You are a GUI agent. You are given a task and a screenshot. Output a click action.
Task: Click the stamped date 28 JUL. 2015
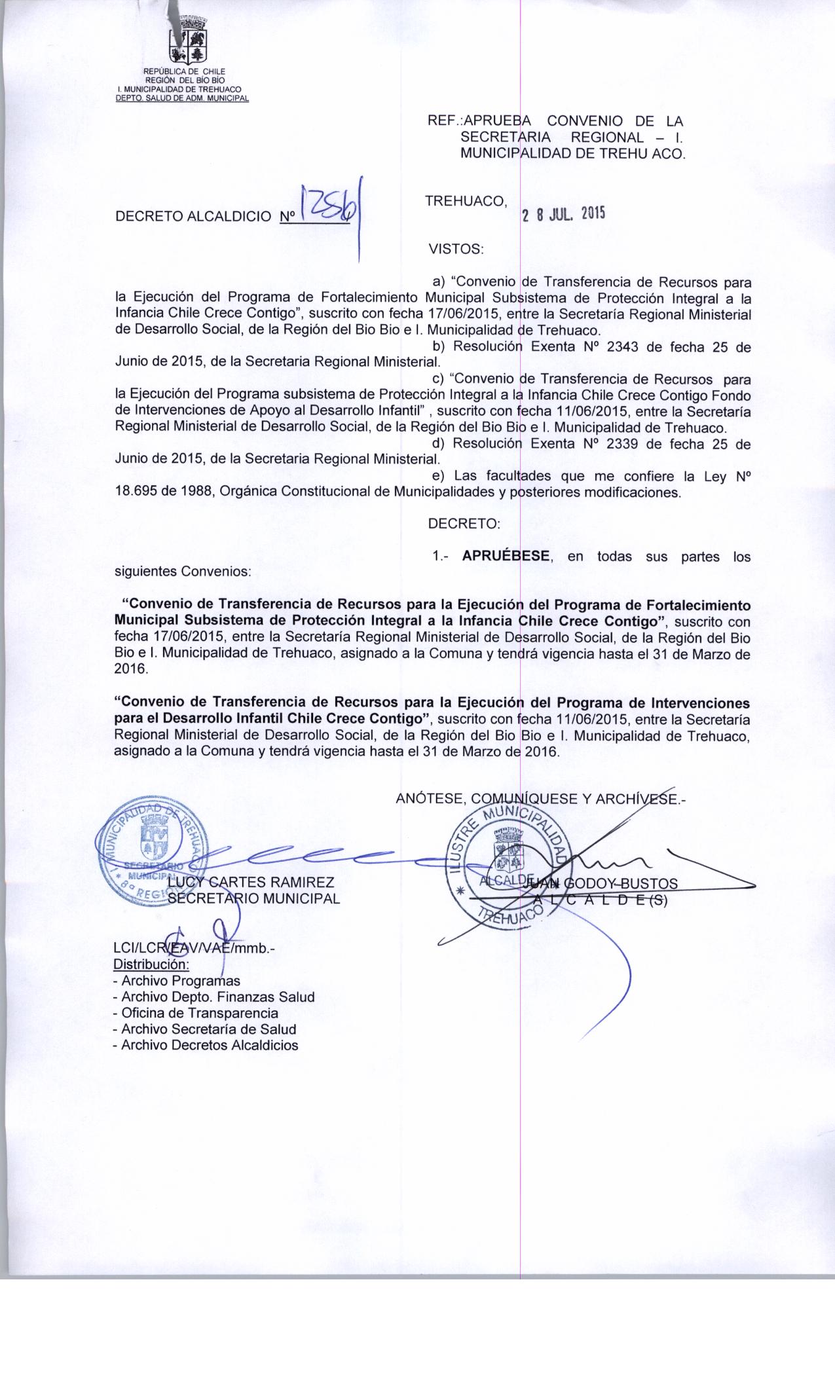pyautogui.click(x=563, y=215)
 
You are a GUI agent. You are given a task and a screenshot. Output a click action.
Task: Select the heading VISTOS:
pyautogui.click(x=455, y=249)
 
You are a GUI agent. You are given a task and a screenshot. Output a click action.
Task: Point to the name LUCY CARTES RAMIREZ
pyautogui.click(x=252, y=882)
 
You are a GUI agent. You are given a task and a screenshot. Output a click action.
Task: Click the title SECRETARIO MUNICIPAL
pyautogui.click(x=254, y=898)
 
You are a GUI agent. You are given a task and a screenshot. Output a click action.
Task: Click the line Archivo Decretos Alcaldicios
pyautogui.click(x=205, y=1045)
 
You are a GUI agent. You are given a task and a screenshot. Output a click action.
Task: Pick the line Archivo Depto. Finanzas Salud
pyautogui.click(x=213, y=997)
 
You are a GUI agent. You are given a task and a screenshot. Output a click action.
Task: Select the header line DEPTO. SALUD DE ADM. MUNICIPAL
pyautogui.click(x=183, y=98)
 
